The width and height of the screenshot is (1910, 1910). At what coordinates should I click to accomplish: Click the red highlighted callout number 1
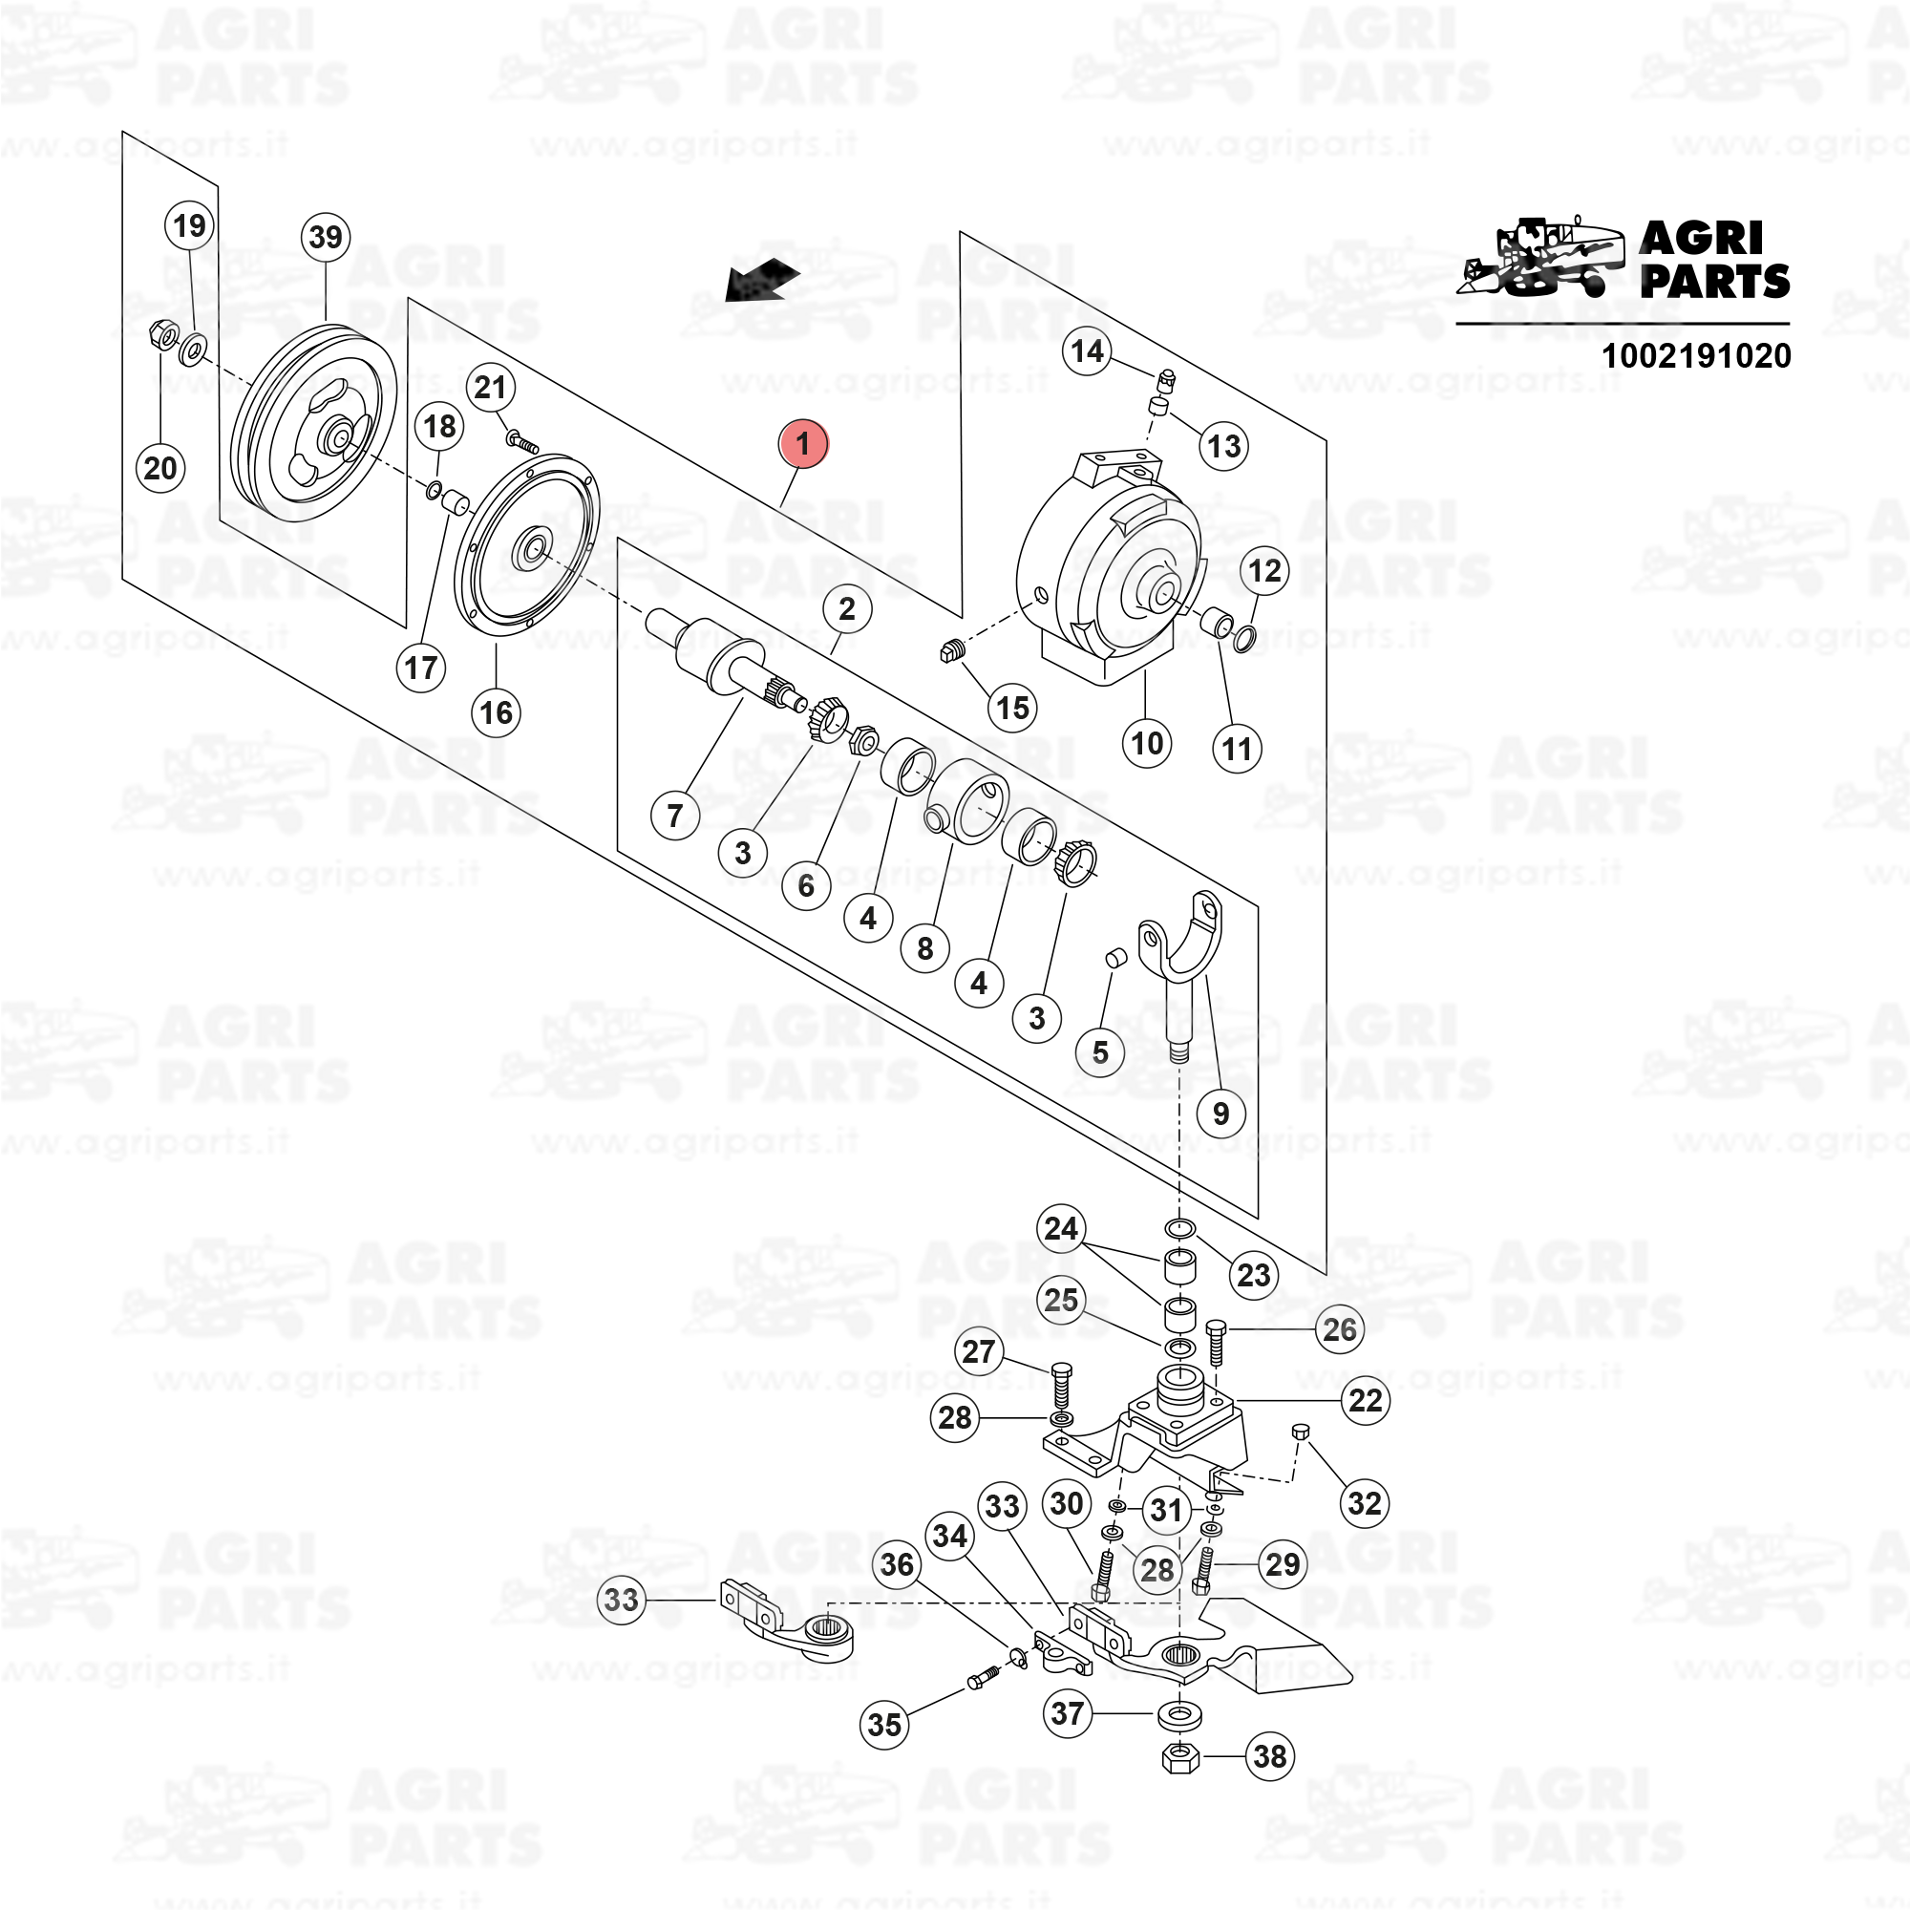[x=803, y=443]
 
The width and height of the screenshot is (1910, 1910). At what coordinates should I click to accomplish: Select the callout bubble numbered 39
[x=326, y=237]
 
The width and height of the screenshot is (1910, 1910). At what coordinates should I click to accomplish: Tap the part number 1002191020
[x=1695, y=355]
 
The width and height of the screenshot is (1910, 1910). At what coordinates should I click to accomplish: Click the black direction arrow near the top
[x=761, y=280]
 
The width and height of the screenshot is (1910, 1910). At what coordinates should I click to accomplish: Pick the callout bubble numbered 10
[x=1147, y=741]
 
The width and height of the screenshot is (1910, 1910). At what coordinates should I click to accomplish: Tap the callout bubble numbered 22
[x=1366, y=1400]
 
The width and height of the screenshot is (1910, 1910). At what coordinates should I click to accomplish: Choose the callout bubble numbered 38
[x=1269, y=1756]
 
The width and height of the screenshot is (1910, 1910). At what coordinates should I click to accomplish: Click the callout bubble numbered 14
[x=1088, y=350]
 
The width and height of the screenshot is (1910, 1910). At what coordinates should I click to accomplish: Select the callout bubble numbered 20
[x=160, y=467]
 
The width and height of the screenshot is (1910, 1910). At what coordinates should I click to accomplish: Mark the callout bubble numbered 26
[x=1340, y=1328]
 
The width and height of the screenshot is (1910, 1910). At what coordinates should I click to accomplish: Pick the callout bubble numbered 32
[x=1365, y=1502]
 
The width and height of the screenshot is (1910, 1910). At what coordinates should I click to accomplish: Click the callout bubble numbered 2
[x=846, y=608]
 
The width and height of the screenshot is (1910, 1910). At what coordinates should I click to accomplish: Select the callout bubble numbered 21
[x=490, y=388]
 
